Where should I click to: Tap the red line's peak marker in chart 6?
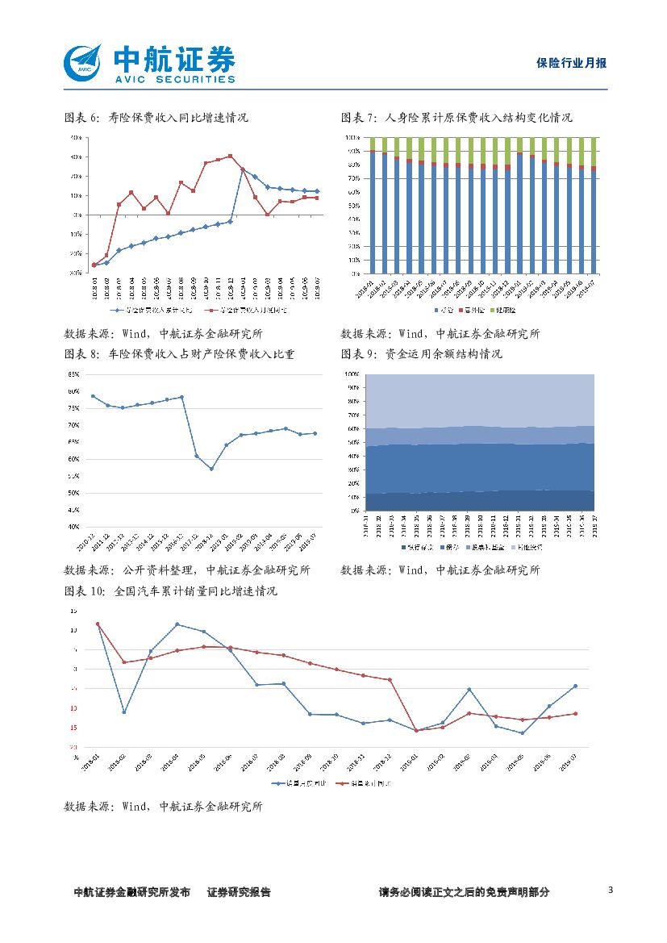click(x=231, y=156)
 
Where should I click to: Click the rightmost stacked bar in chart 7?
click(x=594, y=206)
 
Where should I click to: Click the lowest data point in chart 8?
click(x=211, y=469)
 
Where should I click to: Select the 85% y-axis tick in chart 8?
click(x=73, y=374)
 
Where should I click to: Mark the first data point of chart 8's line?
click(x=93, y=396)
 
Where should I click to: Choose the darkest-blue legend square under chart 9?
click(x=404, y=547)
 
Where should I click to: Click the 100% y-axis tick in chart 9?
click(x=352, y=374)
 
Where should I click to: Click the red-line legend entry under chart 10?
click(x=367, y=783)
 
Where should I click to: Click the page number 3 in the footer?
click(x=611, y=891)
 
